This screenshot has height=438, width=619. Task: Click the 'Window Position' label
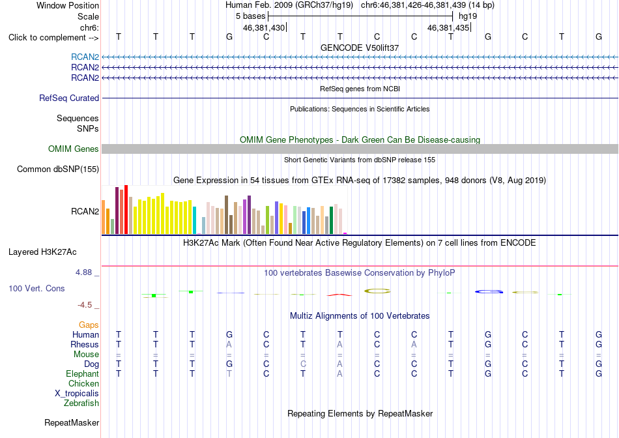coord(68,5)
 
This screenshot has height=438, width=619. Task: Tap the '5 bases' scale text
coord(251,16)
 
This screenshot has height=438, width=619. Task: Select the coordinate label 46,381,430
coord(264,27)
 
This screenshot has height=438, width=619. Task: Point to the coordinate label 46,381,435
coord(448,27)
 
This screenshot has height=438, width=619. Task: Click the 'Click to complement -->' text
coord(53,38)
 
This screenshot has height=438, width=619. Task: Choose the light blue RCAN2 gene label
coord(85,57)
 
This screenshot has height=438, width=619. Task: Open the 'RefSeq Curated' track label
coord(69,98)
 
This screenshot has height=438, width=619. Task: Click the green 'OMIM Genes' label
coord(74,149)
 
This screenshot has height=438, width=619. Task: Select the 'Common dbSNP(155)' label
coord(58,169)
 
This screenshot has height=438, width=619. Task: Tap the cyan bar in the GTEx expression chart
coord(195,220)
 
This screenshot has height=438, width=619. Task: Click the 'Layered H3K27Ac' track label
coord(42,252)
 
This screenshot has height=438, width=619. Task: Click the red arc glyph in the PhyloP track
coord(339,294)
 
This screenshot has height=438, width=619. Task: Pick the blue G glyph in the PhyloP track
coord(489,291)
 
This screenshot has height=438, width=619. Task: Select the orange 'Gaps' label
coord(89,325)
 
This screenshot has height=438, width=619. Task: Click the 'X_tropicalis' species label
coord(77,394)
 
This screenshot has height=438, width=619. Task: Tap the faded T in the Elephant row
coord(229,373)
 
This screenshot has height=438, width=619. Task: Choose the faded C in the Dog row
coord(303,364)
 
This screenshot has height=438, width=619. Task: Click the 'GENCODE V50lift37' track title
coord(360,48)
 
